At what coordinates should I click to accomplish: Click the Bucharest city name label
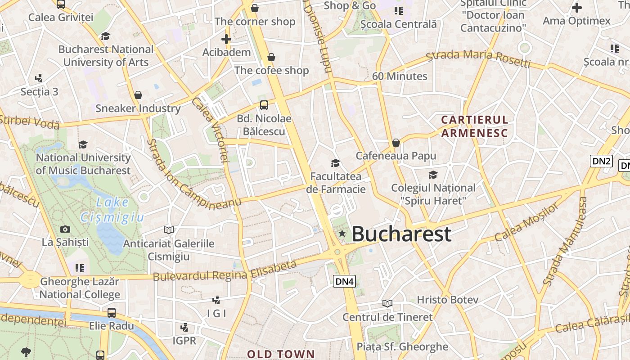point(401,234)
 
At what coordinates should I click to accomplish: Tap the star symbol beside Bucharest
point(342,233)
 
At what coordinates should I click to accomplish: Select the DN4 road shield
point(345,282)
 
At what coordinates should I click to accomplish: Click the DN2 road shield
point(601,161)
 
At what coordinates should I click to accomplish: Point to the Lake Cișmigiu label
point(112,210)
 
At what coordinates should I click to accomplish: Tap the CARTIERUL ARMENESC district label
point(475,126)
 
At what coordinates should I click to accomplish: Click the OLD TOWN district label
point(281,354)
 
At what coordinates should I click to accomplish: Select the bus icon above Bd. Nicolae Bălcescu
point(264,105)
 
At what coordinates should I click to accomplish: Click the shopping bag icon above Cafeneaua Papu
point(396,143)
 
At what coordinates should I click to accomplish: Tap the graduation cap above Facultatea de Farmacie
point(335,163)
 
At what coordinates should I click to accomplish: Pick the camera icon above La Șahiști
point(65,229)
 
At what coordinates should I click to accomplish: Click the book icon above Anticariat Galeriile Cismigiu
point(169,230)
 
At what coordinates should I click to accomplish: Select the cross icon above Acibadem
point(226,39)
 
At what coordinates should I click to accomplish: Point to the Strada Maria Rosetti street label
point(478,58)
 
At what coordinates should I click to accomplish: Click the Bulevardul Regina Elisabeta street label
point(225,271)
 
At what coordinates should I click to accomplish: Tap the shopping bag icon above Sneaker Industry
point(138,95)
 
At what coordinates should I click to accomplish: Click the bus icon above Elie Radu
point(112,312)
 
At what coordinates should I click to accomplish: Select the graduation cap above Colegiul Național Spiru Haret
point(433,175)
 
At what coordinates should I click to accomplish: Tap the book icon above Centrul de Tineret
point(387,303)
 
